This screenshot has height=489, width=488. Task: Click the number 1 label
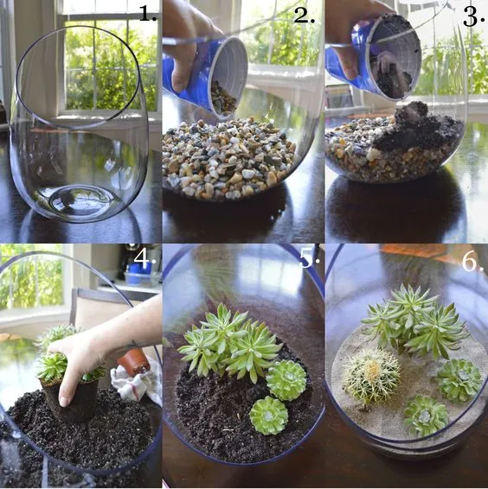(147, 13)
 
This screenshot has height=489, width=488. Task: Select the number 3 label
(472, 15)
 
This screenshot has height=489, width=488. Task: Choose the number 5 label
(310, 257)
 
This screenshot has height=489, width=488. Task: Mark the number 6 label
(472, 261)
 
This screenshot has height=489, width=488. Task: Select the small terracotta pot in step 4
(132, 361)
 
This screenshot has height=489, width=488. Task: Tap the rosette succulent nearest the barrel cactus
(425, 415)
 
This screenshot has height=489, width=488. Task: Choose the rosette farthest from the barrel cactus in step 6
(459, 378)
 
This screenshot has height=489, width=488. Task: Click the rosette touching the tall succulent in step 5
(286, 378)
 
